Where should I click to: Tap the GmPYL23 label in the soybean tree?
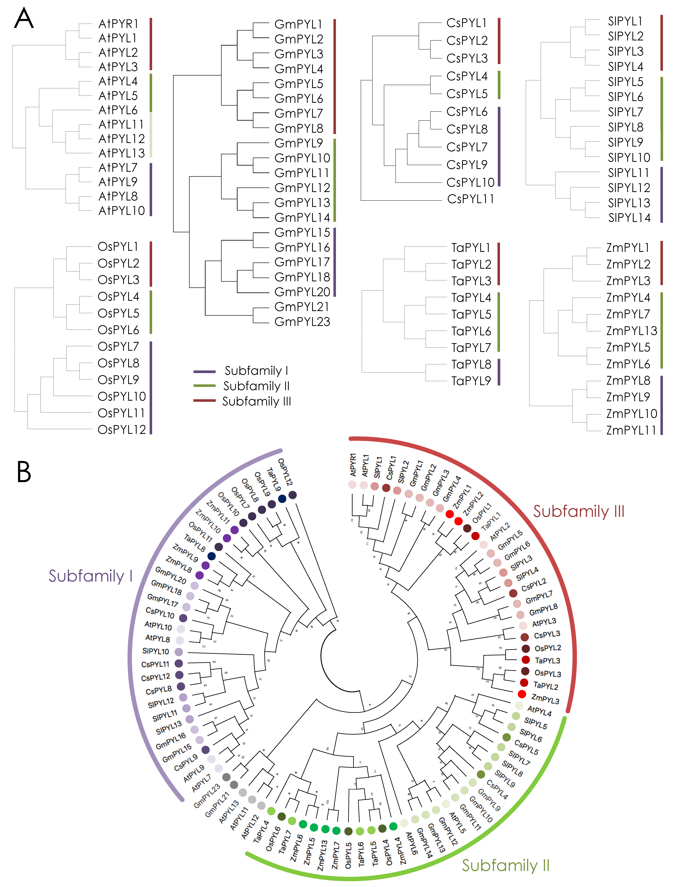(302, 322)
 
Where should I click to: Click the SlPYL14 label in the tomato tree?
(629, 218)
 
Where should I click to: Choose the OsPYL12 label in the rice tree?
(122, 430)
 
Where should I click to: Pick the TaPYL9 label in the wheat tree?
(471, 381)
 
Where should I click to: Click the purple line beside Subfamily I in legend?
(204, 371)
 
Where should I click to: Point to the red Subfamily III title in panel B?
(579, 512)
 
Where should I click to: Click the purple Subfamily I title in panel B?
(90, 576)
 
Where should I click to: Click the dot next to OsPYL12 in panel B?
(293, 495)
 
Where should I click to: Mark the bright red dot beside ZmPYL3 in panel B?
(522, 694)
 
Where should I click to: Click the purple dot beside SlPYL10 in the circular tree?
(179, 652)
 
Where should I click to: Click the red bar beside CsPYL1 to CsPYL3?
(499, 41)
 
